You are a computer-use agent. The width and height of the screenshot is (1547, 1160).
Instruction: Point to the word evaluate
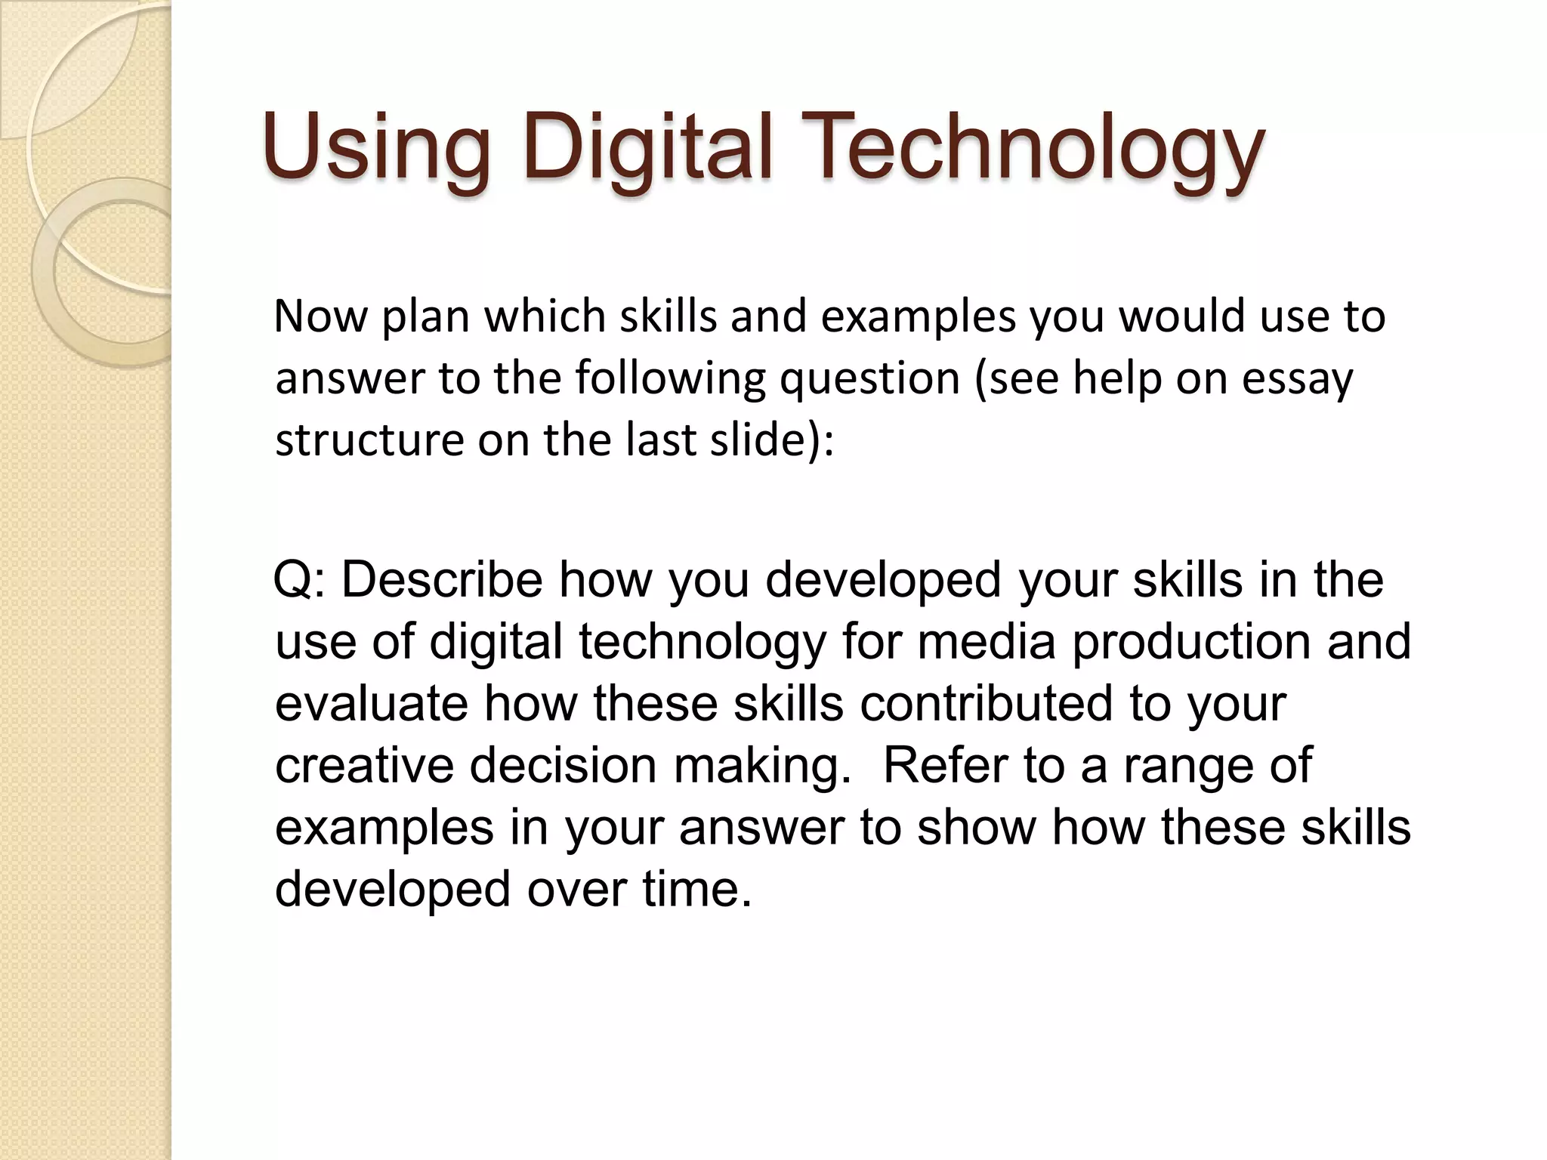click(x=371, y=704)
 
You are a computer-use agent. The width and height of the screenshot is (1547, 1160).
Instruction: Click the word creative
click(x=363, y=766)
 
